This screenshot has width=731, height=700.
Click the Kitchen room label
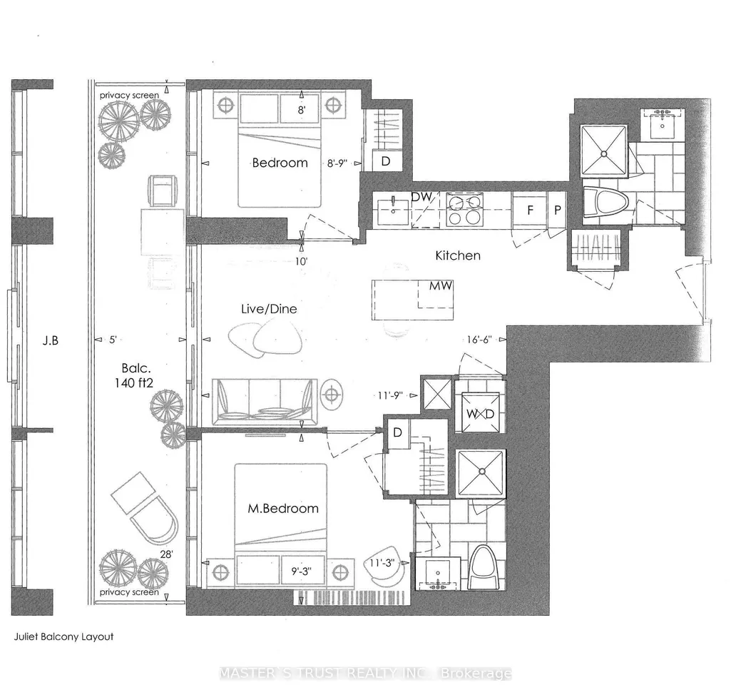point(457,255)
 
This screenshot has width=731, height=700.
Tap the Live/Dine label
point(269,309)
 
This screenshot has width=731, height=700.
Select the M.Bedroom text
point(283,508)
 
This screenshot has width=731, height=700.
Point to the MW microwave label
point(441,286)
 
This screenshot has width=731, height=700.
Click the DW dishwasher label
point(422,197)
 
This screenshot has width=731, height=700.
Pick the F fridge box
point(530,210)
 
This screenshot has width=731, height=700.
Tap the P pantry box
point(557,210)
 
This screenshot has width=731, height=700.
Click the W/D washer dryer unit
point(480,414)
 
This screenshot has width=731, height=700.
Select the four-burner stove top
point(464,210)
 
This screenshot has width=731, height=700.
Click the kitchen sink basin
point(394,210)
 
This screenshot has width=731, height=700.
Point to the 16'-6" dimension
point(479,340)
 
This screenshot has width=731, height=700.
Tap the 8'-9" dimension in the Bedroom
point(337,163)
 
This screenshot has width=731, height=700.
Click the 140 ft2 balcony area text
point(134,383)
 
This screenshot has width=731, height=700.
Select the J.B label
point(51,341)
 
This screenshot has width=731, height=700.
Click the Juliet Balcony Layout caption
point(64,636)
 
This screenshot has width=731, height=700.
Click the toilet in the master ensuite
point(484,568)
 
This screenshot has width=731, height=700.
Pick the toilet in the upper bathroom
point(605,202)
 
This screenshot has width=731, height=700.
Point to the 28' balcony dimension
point(166,554)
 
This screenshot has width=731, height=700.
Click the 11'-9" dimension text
point(390,396)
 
